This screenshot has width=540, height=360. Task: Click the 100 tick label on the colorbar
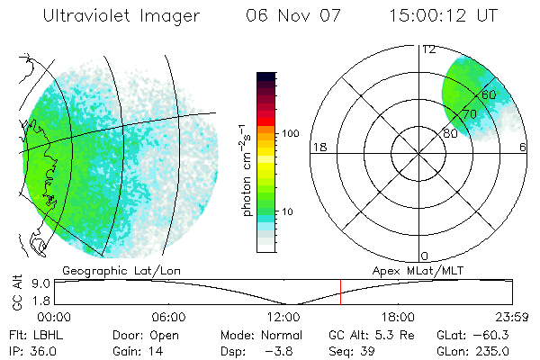point(289,133)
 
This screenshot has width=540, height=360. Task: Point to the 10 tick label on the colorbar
point(291,212)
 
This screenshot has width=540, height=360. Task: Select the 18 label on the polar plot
point(318,147)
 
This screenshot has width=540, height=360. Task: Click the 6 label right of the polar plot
point(523,147)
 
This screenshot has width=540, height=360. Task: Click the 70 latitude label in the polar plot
point(469,114)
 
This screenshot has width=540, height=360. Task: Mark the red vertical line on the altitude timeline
point(340,292)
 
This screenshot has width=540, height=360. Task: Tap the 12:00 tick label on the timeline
point(283,317)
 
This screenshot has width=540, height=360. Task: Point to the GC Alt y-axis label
point(17,293)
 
